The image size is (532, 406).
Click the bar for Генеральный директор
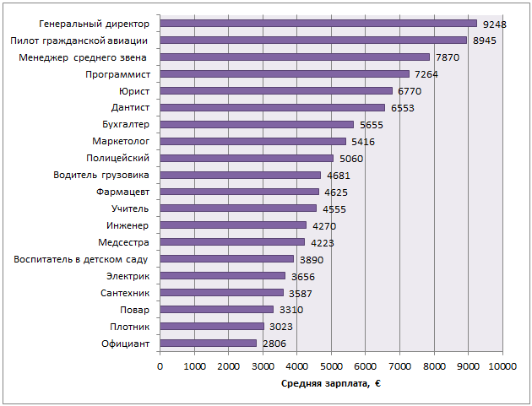coord(318,24)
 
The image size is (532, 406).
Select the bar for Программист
coord(285,74)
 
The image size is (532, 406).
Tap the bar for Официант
coord(208,344)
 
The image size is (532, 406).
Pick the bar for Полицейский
coord(247,158)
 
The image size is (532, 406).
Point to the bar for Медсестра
coord(232,242)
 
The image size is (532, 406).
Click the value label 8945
coord(485,41)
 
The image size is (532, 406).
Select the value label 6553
coord(403,108)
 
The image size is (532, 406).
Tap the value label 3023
coord(281,327)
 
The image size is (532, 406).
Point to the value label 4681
coord(339,176)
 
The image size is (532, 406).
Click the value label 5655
coord(372,125)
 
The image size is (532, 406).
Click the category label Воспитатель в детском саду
coord(81,259)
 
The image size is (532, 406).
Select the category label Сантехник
coord(124,293)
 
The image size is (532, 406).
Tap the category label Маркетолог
coord(121,141)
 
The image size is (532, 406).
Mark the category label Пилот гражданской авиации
coord(79,41)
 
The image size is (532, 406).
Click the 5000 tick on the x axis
coord(331,365)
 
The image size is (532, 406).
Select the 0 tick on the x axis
coord(160,365)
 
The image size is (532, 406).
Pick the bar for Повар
coord(216,310)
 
